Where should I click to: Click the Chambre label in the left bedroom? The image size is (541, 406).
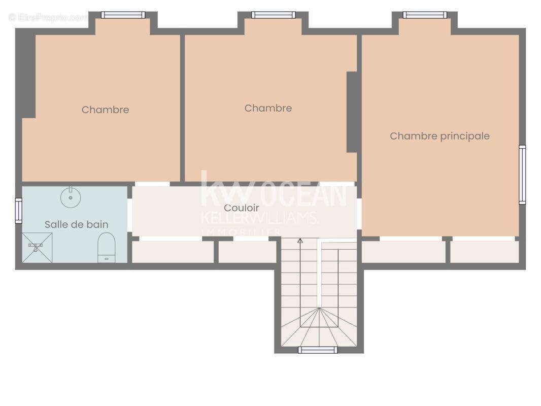click(105, 110)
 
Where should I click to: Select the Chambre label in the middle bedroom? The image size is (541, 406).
click(268, 108)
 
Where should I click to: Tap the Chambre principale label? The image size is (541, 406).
click(439, 136)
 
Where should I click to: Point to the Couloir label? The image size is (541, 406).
click(242, 208)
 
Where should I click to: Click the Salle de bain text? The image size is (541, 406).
click(76, 224)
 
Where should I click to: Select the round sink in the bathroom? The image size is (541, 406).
click(71, 197)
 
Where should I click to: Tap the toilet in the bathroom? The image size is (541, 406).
click(106, 248)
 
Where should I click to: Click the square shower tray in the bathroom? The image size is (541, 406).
click(37, 248)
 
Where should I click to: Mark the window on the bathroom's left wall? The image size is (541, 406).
click(19, 211)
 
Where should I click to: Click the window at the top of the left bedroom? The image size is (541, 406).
click(123, 15)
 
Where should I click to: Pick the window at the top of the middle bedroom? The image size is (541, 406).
click(273, 15)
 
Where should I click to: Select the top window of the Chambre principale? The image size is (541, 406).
click(425, 15)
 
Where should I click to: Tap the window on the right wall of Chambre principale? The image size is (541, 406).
click(522, 175)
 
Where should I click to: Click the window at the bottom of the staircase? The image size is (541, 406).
click(318, 350)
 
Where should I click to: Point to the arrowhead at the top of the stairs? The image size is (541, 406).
click(300, 241)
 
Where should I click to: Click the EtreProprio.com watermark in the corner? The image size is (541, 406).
click(48, 17)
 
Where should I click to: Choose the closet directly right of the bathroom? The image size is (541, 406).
click(173, 252)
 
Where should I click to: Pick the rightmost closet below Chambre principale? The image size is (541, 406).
click(484, 252)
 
